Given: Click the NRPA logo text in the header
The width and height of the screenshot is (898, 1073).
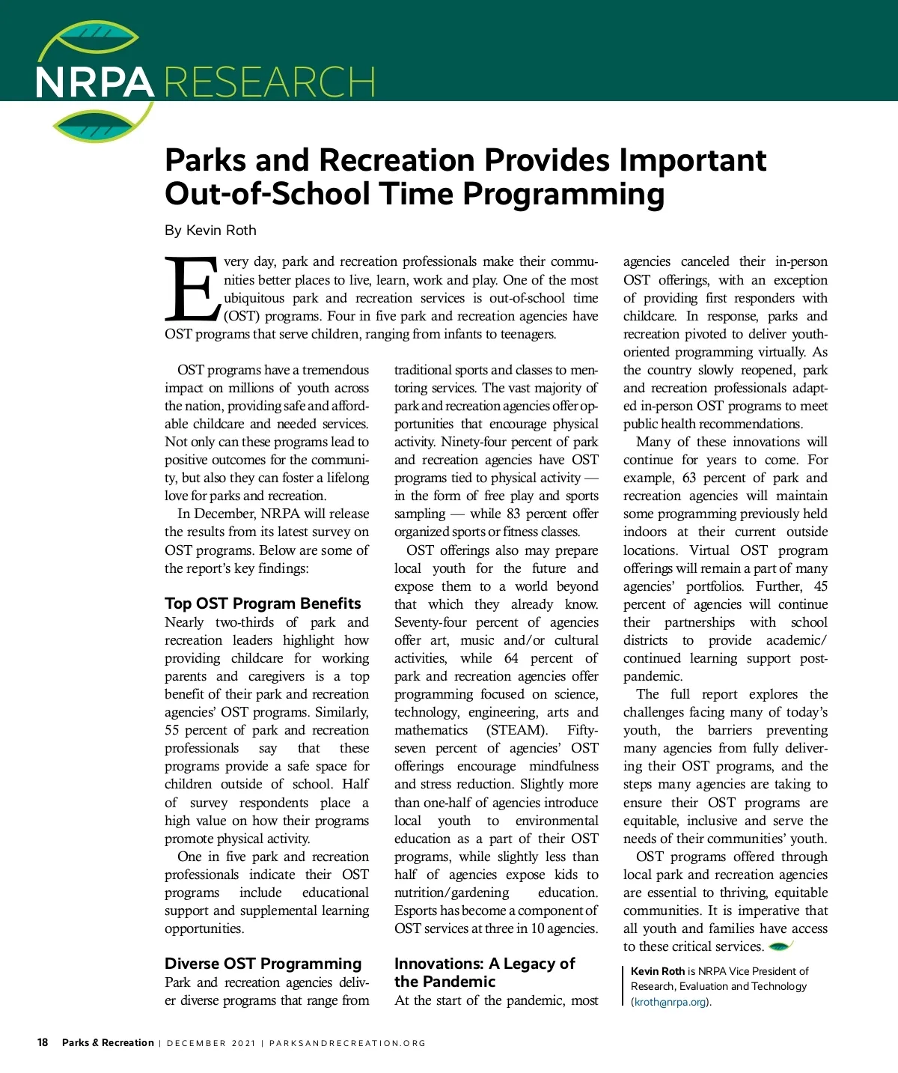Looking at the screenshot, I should click(x=94, y=82).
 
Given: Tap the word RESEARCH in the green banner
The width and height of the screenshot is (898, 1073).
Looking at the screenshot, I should click(x=269, y=82).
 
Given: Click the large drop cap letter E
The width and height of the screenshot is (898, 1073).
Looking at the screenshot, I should click(x=192, y=289).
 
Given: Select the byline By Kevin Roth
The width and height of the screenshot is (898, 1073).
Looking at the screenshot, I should click(x=210, y=230).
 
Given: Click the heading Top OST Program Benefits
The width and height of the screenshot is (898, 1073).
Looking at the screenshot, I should click(x=263, y=604).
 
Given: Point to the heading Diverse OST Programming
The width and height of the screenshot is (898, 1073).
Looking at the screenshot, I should click(x=263, y=964).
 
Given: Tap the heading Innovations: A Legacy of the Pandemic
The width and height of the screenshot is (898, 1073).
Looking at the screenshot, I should click(x=484, y=972).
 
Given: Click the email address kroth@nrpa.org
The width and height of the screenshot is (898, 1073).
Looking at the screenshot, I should click(x=671, y=1002).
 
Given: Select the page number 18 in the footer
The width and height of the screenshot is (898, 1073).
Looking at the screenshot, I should click(x=43, y=1042).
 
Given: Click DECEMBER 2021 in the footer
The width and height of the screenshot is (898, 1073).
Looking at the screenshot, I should click(x=211, y=1043).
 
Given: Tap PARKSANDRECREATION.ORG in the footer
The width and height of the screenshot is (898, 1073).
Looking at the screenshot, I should click(x=347, y=1043).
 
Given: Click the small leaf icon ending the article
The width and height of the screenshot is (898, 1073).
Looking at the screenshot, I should click(x=781, y=946).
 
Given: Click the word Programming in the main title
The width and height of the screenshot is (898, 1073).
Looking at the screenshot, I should click(x=563, y=194).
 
